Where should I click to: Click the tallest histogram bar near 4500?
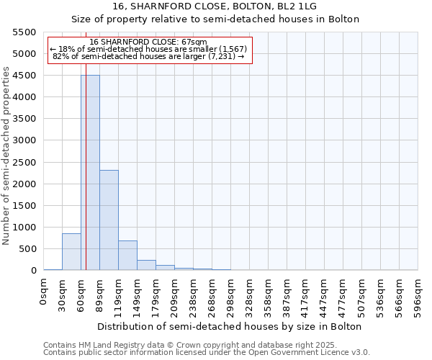[x=90, y=173]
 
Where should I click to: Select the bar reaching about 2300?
[x=109, y=220]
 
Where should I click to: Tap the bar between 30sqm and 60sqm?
[x=71, y=252]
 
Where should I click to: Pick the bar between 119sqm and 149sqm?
[x=127, y=256]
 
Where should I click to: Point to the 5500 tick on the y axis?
[x=24, y=32]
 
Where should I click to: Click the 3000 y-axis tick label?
[x=24, y=140]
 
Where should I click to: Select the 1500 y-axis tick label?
[x=24, y=206]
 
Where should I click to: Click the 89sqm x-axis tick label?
[x=100, y=292]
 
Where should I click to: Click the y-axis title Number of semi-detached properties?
[x=6, y=156]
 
